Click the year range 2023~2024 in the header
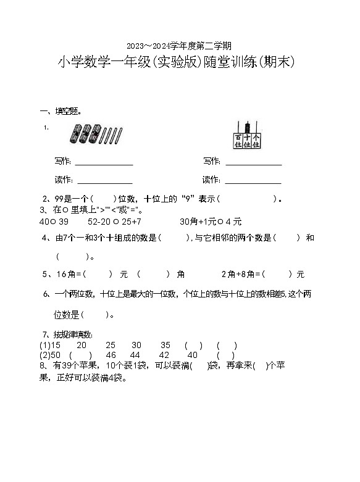click(x=154, y=46)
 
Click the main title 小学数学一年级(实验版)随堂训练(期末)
click(x=179, y=63)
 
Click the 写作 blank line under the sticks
click(x=104, y=163)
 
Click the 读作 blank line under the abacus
click(x=253, y=181)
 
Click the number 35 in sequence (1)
click(x=165, y=345)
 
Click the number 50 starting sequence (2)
click(x=56, y=355)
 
